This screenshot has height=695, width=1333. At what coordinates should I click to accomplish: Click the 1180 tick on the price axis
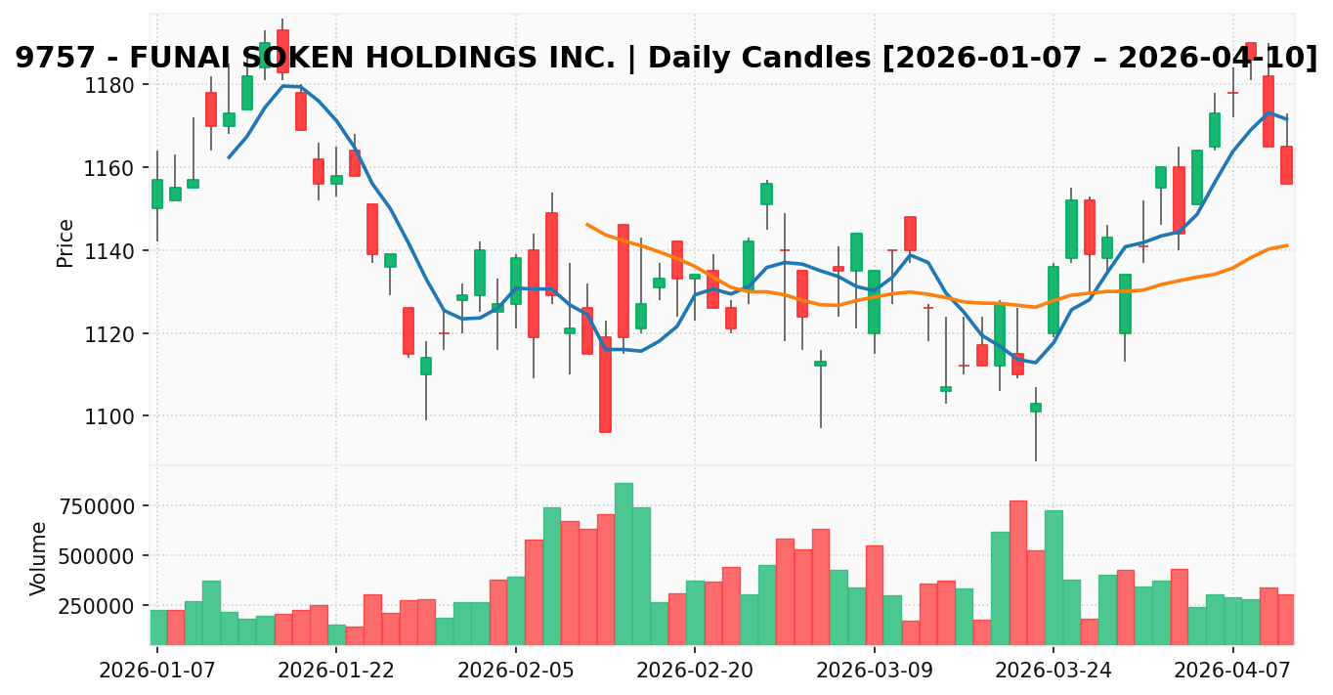113,85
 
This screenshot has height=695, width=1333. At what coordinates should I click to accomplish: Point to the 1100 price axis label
113,416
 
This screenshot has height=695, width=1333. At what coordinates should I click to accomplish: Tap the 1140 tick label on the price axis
113,251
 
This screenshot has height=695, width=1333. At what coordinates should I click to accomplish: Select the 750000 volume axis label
104,506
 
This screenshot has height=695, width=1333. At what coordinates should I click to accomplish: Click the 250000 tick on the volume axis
104,606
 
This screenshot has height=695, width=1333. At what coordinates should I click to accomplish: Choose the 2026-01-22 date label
336,670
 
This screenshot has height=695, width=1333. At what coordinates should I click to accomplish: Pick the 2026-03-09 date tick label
874,670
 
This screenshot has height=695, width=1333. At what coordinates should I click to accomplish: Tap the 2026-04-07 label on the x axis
1232,670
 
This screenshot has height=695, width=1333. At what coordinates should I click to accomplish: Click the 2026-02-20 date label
695,670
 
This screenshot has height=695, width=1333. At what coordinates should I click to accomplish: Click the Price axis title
65,242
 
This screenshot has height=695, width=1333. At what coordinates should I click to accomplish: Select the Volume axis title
39,558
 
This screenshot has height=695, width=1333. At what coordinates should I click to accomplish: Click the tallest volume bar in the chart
623,563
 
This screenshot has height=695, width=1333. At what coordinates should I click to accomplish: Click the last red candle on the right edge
1286,165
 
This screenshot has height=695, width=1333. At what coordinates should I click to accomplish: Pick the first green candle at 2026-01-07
157,194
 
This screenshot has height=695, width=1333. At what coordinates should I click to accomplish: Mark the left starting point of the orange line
587,225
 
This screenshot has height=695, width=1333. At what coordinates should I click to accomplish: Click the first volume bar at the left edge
157,627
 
